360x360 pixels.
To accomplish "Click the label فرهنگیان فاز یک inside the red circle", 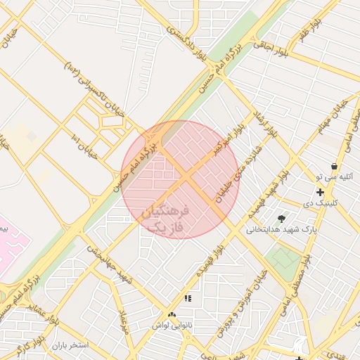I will pos(166,219).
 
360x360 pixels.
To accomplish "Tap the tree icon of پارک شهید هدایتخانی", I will pos(282,219).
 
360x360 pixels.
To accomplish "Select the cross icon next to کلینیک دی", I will pos(321,192).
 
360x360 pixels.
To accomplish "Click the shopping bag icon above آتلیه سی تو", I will pos(333,167).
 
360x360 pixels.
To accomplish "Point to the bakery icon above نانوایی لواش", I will pos(172,314).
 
